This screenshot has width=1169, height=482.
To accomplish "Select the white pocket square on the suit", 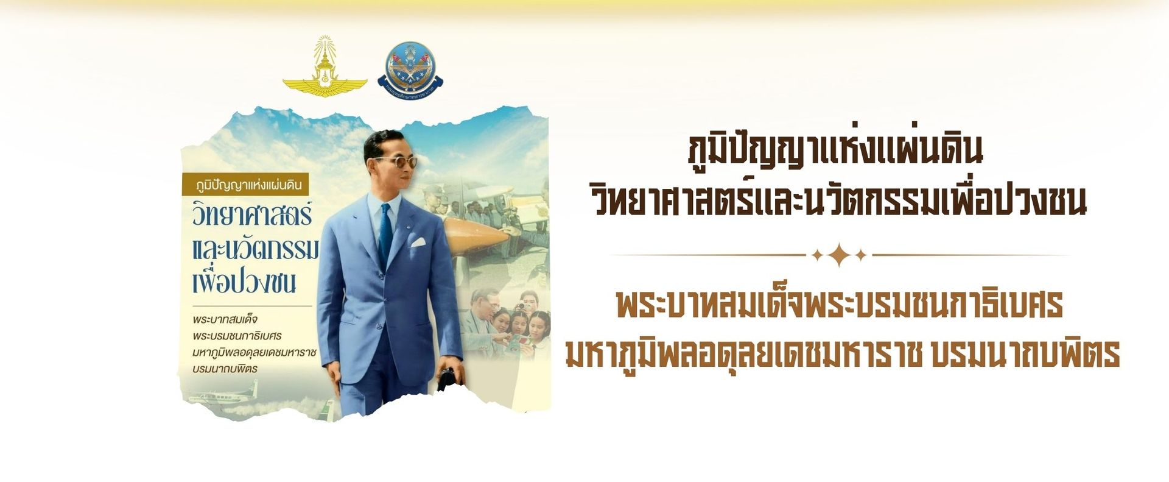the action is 418,242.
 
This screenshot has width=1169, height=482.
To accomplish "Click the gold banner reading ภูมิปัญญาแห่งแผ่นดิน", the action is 247,183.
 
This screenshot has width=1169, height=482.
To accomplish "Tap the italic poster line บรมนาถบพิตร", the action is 224,369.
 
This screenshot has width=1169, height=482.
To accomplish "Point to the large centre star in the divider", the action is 839,255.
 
